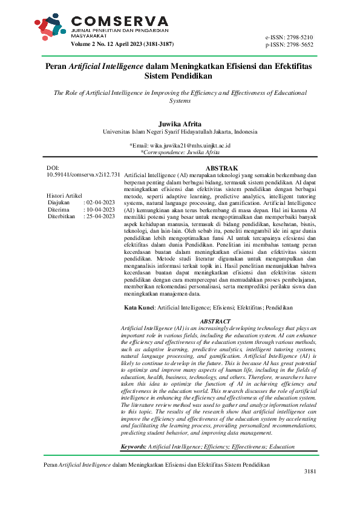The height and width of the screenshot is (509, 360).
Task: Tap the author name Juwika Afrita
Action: pos(180,123)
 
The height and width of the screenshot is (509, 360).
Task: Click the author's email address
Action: pos(189,146)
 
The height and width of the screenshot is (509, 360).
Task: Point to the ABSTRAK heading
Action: pos(222,167)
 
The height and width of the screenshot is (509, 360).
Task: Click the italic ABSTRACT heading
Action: pos(215,320)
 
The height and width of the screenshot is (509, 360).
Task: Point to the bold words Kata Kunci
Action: pos(138,307)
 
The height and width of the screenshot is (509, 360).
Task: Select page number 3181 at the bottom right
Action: pos(310,487)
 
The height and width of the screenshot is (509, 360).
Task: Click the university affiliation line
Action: pos(180,132)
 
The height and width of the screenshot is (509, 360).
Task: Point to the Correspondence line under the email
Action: pos(180,153)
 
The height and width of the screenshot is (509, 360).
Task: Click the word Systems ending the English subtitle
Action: pos(180,102)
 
